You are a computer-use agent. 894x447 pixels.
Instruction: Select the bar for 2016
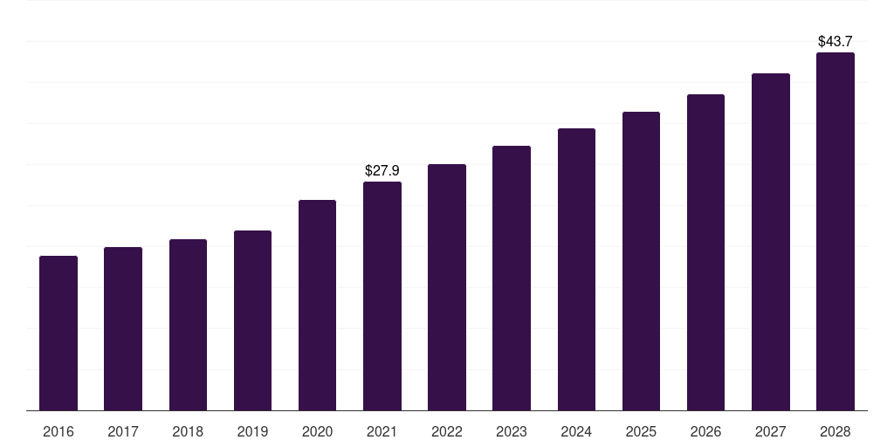click(58, 333)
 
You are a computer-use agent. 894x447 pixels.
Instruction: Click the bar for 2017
click(123, 329)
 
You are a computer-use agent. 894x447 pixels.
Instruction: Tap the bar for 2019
click(252, 320)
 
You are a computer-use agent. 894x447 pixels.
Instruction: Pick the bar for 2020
click(317, 305)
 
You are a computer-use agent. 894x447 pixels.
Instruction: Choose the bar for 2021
click(382, 296)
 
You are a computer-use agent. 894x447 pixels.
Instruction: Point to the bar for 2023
click(512, 279)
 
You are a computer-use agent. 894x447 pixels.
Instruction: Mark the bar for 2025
click(641, 261)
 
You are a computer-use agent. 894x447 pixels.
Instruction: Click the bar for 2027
click(771, 242)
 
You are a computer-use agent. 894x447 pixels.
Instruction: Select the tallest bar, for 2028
click(836, 231)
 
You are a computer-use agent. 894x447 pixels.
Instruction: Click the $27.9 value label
click(382, 170)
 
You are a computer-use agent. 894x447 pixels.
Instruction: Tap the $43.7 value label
click(836, 41)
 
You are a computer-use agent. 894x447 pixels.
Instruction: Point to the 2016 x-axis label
click(58, 431)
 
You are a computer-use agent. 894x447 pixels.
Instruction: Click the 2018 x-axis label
click(188, 431)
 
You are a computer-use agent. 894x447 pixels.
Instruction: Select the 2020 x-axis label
click(317, 431)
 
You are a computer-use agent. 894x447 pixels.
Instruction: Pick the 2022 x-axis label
click(447, 431)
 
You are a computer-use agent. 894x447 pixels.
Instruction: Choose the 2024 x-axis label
click(576, 431)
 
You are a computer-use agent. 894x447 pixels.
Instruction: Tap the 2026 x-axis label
click(705, 431)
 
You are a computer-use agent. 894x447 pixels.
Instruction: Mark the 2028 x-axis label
click(836, 431)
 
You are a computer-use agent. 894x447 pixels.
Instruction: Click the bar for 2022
click(447, 287)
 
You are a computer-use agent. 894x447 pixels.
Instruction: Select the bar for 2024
click(576, 270)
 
